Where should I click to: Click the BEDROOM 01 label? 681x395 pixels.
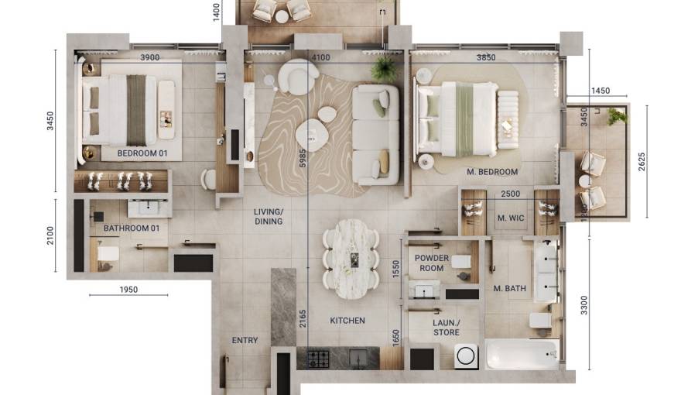pos(142,153)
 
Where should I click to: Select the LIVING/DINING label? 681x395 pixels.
pos(269,216)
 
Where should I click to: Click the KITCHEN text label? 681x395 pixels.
pos(347,321)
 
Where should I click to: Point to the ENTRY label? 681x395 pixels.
pos(245,341)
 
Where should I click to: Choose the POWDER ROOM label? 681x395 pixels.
pos(432,263)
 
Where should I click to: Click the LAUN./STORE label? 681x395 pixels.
pos(446,328)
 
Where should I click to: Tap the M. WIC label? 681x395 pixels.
pos(511,218)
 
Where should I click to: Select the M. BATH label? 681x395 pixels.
pos(510,289)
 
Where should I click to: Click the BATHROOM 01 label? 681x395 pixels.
pos(131,228)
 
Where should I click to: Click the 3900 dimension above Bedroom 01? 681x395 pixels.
pos(150,57)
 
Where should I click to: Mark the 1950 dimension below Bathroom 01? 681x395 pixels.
pos(128,290)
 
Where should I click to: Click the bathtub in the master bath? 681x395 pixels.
pos(522,355)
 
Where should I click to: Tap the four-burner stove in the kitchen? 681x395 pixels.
pos(319,359)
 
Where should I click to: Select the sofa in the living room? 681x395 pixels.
pos(376,134)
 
